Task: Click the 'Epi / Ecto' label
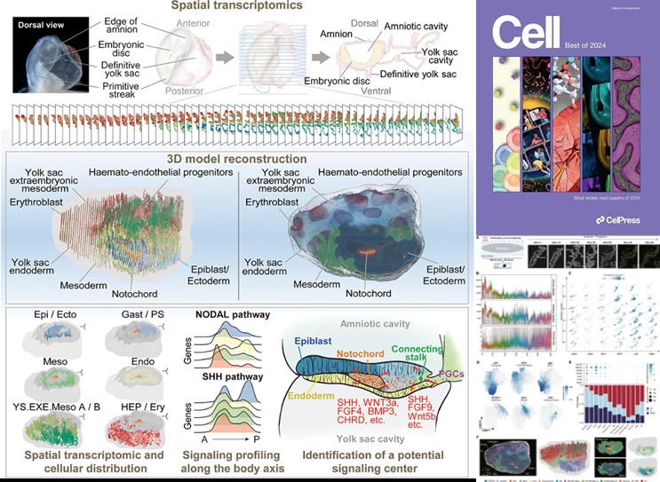[47, 316]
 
